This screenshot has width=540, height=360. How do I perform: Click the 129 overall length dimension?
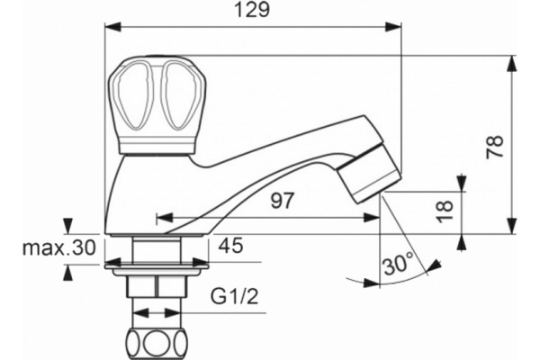(x=252, y=10)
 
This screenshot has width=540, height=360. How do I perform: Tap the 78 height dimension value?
(x=494, y=147)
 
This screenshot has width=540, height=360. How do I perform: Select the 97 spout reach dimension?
(x=283, y=201)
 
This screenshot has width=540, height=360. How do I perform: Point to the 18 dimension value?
(x=444, y=211)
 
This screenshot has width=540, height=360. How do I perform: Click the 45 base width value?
(x=230, y=246)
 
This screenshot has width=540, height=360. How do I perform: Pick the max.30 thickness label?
(x=58, y=247)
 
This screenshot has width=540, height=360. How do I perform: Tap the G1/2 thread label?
(x=234, y=297)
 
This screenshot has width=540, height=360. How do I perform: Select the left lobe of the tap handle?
(x=132, y=95)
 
